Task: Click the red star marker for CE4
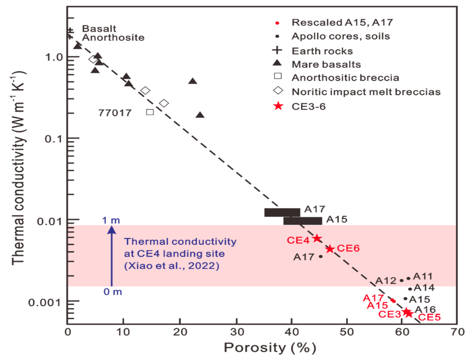(317, 239)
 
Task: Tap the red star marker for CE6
(330, 248)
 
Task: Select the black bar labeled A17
(282, 212)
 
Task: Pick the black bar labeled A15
(303, 221)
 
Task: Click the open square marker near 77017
(150, 112)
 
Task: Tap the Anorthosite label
(113, 38)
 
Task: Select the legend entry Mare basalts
(326, 64)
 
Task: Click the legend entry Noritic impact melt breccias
(366, 92)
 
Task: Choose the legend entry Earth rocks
(322, 51)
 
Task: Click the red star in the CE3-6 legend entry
(278, 106)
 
